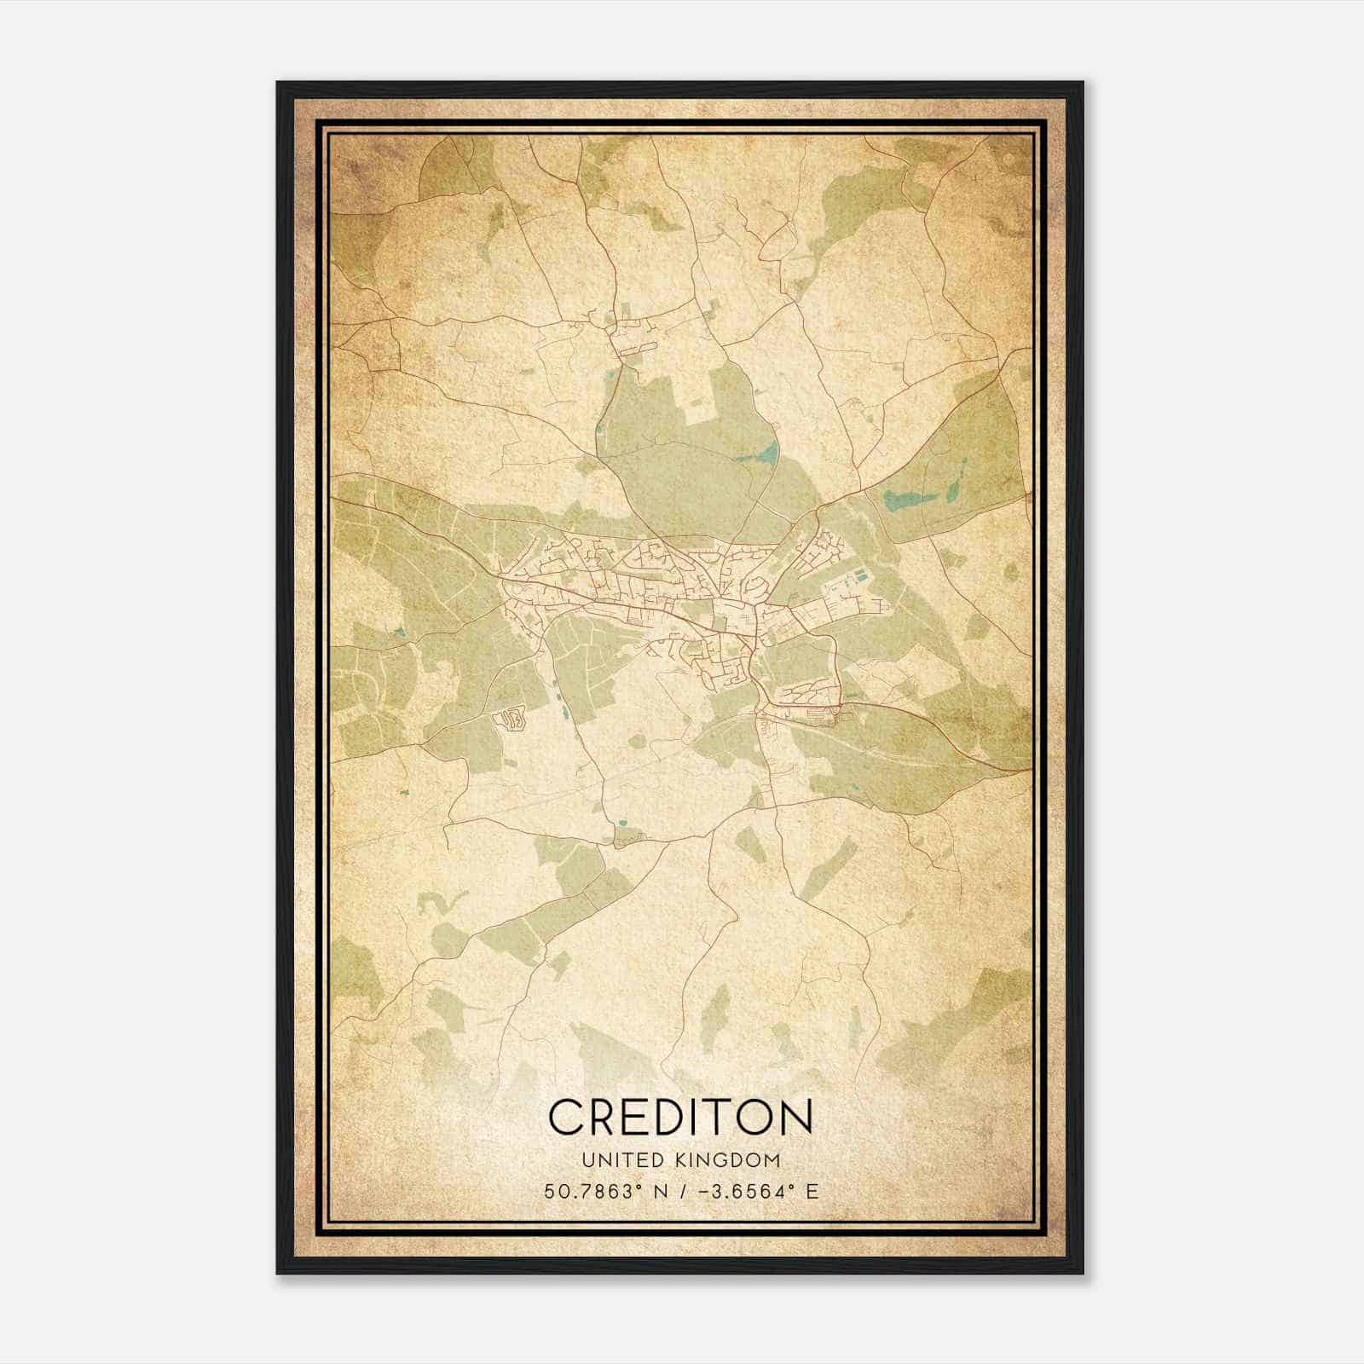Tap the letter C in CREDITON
565,1117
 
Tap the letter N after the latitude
660,1192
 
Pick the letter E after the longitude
812,1192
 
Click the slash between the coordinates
682,1192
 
